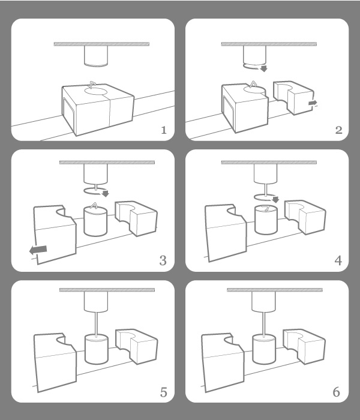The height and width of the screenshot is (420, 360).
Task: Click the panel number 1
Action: click(163, 130)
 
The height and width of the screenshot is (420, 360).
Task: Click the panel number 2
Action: click(338, 130)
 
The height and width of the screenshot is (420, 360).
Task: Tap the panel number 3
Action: click(163, 260)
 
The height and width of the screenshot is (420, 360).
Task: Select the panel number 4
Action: click(338, 260)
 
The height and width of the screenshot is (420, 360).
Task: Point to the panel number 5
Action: click(163, 393)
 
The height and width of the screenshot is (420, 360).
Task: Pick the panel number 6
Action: click(337, 393)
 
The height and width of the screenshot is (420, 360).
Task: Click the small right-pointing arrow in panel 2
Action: click(312, 104)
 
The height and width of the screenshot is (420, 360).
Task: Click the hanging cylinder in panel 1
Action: click(96, 56)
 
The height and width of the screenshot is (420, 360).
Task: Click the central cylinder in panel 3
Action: click(94, 221)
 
